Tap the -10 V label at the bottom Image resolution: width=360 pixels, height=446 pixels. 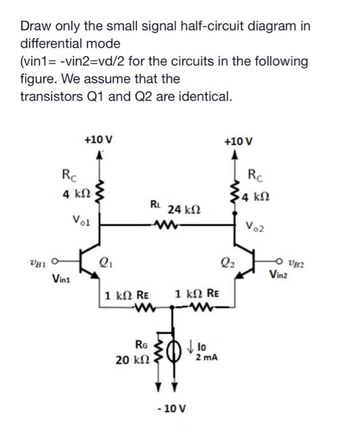pyautogui.click(x=169, y=407)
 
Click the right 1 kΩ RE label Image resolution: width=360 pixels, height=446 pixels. pyautogui.click(x=198, y=294)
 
